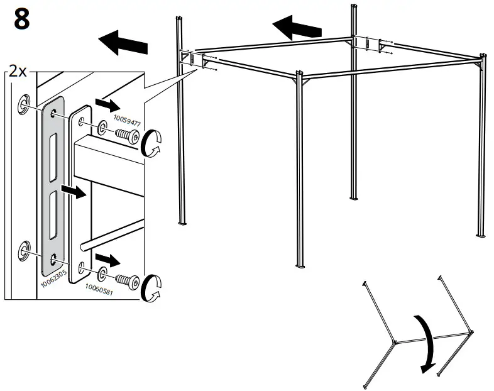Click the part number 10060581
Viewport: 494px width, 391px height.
tap(98, 289)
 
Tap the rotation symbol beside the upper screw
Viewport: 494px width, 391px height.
tap(152, 143)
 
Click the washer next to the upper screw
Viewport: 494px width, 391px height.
tap(101, 129)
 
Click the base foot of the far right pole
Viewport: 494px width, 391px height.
tap(481, 234)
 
